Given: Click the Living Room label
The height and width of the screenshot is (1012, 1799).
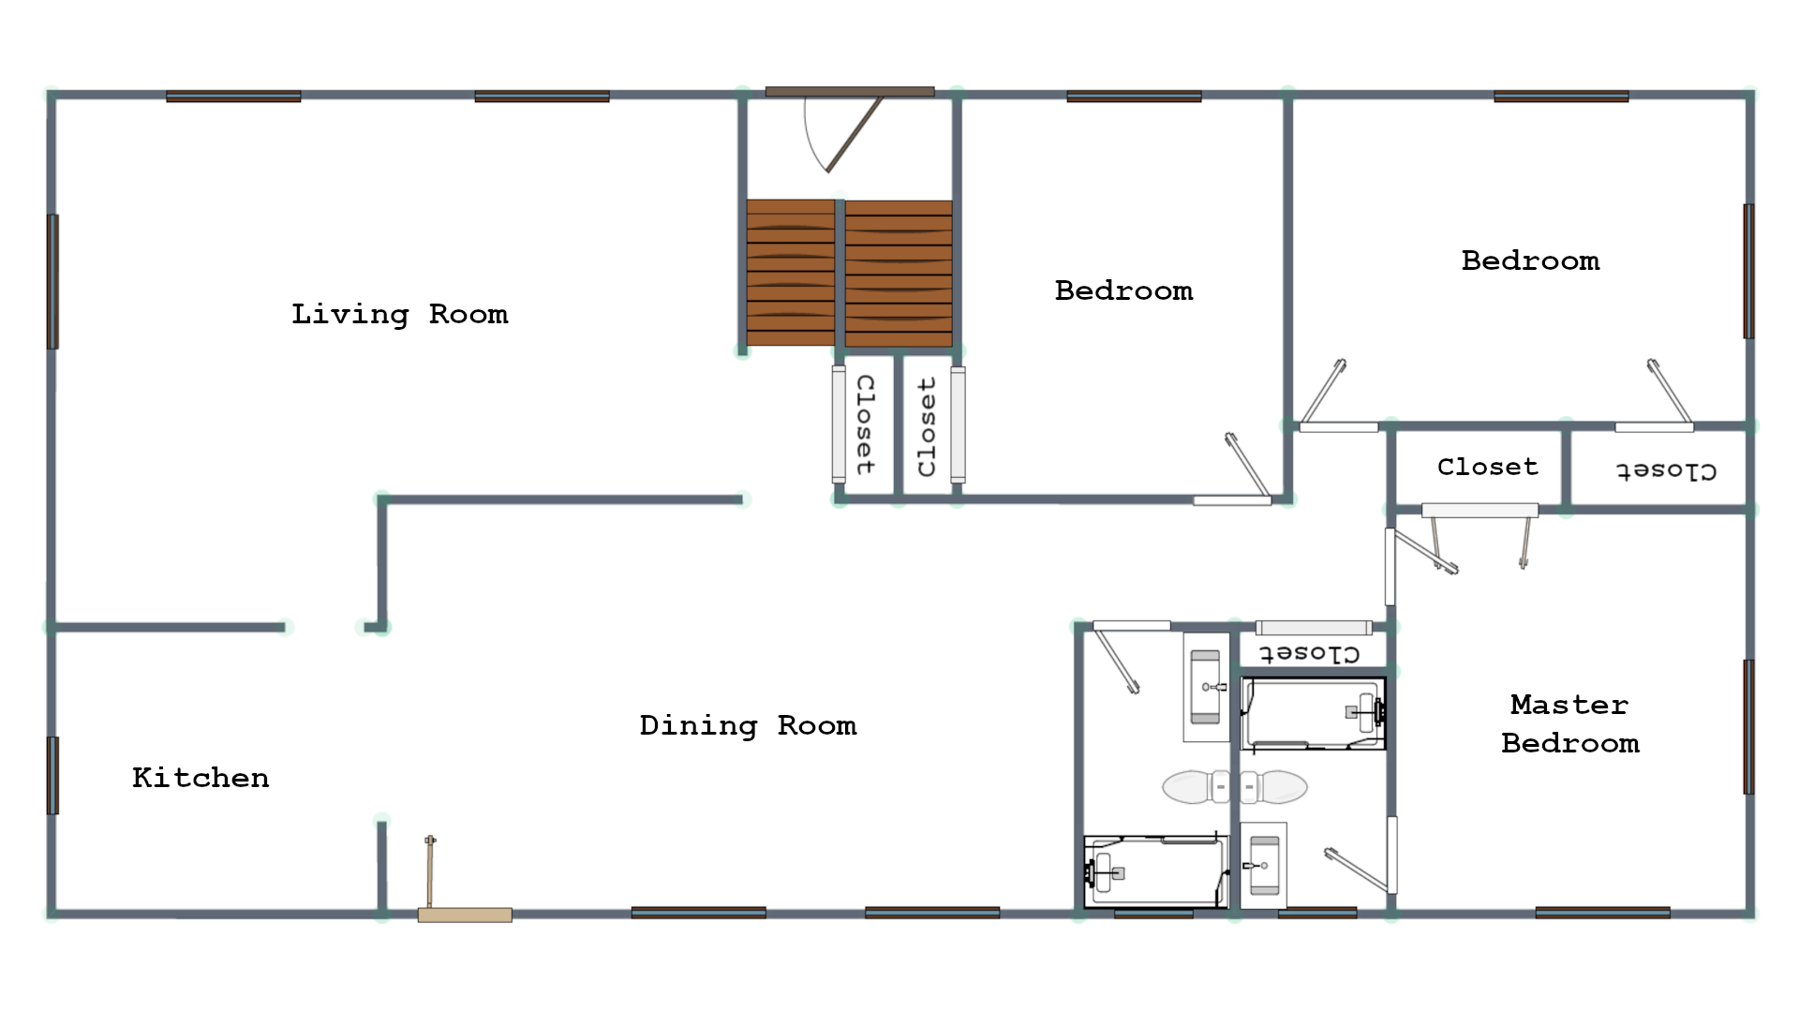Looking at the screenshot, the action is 400,315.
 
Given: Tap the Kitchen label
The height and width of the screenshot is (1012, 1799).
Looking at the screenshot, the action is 201,778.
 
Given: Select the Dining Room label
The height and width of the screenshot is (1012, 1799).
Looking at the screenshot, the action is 748,726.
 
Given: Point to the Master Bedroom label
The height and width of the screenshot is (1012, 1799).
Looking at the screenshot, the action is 1570,723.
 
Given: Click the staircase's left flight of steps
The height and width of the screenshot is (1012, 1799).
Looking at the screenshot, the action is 791,273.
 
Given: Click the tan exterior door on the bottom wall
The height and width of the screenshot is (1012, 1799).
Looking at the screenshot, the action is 465,915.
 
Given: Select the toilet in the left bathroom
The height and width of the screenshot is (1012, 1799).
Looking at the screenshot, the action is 1196,787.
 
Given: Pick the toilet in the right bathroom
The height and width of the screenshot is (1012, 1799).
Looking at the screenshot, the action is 1274,787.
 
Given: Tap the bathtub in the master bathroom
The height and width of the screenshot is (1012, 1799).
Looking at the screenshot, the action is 1314,714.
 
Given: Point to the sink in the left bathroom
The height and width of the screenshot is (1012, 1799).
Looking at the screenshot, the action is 1206,687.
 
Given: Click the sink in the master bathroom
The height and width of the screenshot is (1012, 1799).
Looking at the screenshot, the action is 1263,865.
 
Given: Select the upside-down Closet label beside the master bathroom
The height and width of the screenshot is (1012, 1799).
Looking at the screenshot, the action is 1309,653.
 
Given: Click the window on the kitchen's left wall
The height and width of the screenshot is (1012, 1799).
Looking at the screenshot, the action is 53,776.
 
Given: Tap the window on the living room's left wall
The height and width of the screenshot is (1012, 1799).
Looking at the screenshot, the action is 53,282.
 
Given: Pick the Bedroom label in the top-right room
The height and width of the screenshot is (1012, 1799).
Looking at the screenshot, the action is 1531,260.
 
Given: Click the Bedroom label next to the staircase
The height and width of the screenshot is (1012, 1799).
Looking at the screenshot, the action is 1124,290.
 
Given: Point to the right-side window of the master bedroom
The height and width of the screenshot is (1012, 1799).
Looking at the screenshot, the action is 1748,727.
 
